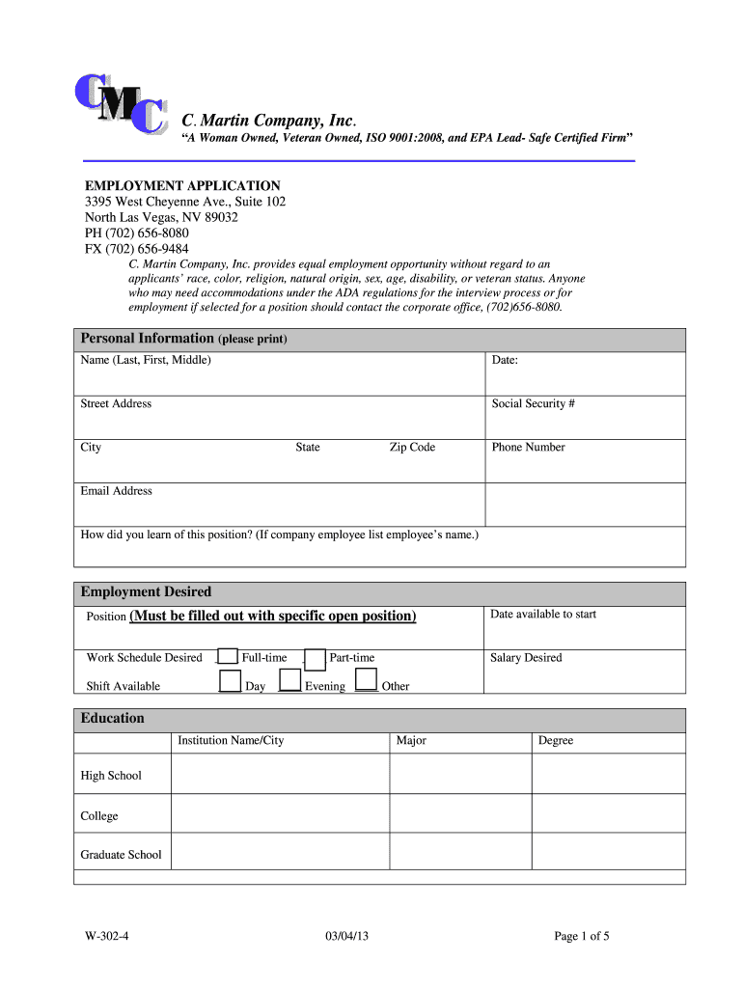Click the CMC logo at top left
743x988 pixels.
click(x=120, y=105)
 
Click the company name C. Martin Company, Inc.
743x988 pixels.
click(x=269, y=121)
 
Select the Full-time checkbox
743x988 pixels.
click(x=228, y=657)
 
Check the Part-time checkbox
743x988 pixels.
click(x=315, y=659)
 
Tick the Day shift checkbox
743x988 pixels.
click(x=230, y=682)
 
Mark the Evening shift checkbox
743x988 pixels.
click(x=289, y=682)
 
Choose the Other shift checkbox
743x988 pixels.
click(x=366, y=682)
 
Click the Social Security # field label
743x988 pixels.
click(x=534, y=403)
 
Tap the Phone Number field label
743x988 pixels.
click(x=528, y=447)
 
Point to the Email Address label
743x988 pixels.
click(x=116, y=491)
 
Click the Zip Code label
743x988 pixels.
click(x=412, y=447)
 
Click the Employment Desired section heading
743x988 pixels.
click(x=146, y=591)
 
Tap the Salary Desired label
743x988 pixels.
click(x=526, y=658)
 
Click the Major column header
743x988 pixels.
click(x=411, y=740)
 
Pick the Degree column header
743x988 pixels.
click(x=556, y=740)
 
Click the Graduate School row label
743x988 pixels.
click(x=121, y=854)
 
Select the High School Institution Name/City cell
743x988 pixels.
click(x=280, y=774)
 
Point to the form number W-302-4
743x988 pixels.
click(x=106, y=935)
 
